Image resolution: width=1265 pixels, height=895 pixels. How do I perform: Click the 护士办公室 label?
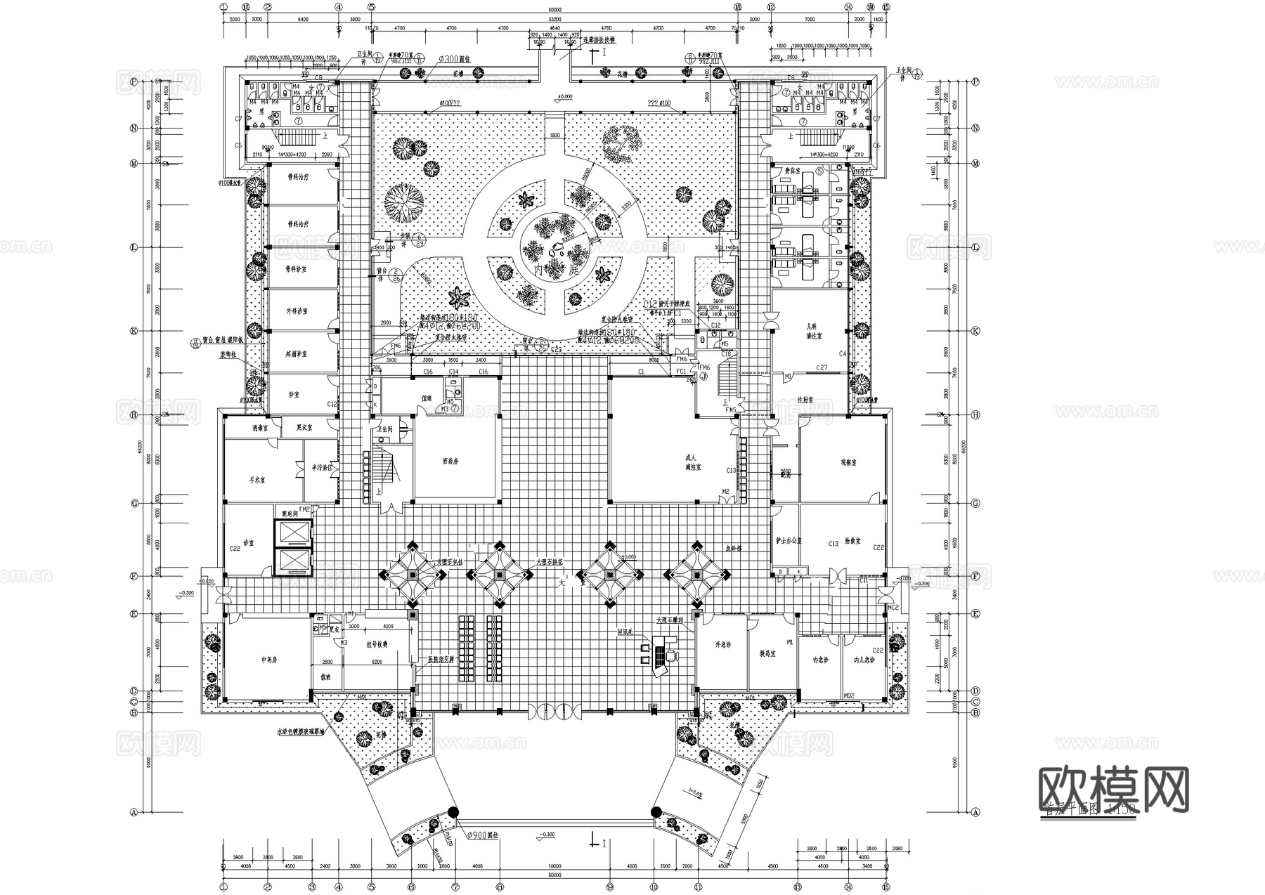pos(787,541)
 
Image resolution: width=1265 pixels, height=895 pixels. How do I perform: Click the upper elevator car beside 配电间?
pos(295,534)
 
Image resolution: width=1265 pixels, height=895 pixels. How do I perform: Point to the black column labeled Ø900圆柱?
pos(454,813)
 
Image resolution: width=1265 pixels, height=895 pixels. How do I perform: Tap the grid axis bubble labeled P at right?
pos(975,81)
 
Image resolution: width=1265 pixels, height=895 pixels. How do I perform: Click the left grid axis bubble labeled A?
pos(132,811)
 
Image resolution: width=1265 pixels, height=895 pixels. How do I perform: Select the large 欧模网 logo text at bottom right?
pos(1113,790)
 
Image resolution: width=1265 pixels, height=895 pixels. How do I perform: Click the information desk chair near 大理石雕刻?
pos(672,655)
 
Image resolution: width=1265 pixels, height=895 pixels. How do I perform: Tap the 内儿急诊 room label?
pos(863,660)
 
